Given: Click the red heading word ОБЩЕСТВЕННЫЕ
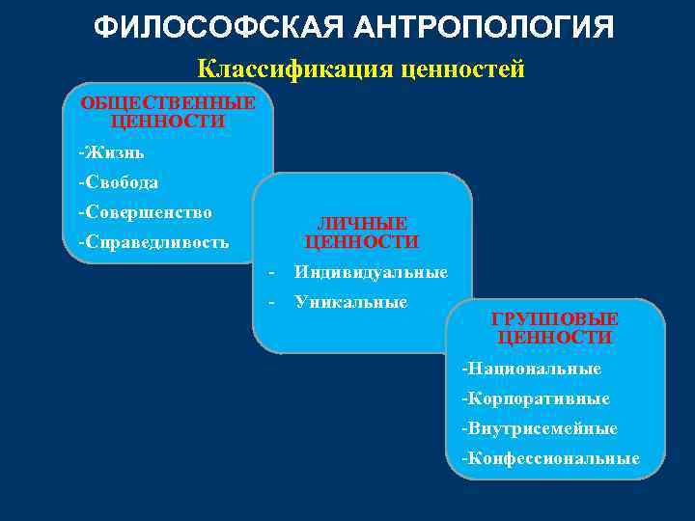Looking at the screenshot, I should [x=168, y=103].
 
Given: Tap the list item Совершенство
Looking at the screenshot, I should [x=148, y=211].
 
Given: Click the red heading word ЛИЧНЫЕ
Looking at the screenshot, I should [x=362, y=223].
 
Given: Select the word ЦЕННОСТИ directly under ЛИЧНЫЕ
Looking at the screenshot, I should [x=362, y=241].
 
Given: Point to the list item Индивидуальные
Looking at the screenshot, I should [x=372, y=272].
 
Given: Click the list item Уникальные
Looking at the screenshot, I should [x=351, y=302].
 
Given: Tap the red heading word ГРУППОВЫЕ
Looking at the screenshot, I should [x=555, y=319].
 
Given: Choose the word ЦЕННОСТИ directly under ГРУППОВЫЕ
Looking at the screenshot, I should [x=555, y=338].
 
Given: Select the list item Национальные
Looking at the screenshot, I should [x=534, y=369].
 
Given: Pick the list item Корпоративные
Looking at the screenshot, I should [x=538, y=398].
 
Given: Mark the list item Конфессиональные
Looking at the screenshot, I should [x=552, y=457].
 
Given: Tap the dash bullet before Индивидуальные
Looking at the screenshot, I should [x=273, y=272].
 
